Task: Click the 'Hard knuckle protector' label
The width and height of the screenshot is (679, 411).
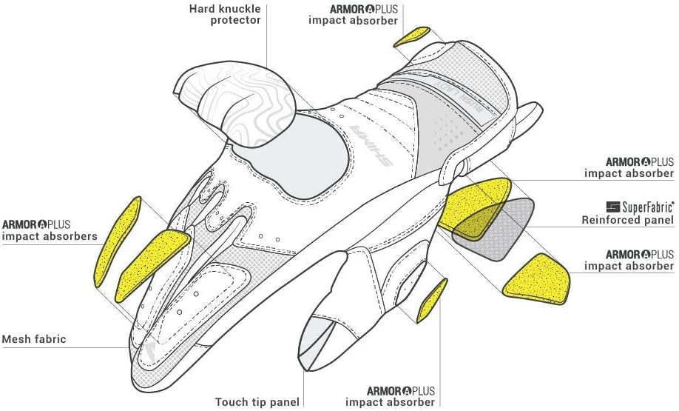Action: pyautogui.click(x=225, y=14)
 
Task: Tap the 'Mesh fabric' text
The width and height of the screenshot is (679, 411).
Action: pyautogui.click(x=34, y=338)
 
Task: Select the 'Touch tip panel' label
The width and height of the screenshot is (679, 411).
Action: pyautogui.click(x=257, y=402)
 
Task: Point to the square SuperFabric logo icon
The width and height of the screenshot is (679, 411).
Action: pyautogui.click(x=612, y=207)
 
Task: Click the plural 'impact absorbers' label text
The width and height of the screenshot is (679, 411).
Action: pyautogui.click(x=50, y=236)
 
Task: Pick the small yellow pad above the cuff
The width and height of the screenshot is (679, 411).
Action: pyautogui.click(x=411, y=36)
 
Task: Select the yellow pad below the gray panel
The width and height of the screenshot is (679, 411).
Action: pyautogui.click(x=537, y=280)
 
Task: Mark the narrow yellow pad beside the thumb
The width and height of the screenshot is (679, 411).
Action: pyautogui.click(x=431, y=301)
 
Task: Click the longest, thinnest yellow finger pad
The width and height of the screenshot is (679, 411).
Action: pyautogui.click(x=117, y=242)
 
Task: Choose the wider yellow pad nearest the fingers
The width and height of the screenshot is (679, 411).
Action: pyautogui.click(x=152, y=265)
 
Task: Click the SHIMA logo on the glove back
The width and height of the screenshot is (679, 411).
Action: pyautogui.click(x=371, y=146)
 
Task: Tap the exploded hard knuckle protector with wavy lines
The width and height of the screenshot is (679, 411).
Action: pyautogui.click(x=235, y=104)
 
